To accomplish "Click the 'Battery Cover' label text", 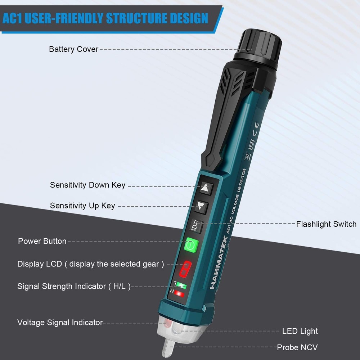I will [x=73, y=49].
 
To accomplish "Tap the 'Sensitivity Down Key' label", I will [x=87, y=185].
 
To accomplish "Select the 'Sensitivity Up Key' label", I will [x=82, y=206].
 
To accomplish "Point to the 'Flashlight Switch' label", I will [x=326, y=224].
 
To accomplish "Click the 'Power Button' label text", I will [x=42, y=241].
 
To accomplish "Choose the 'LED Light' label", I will [x=300, y=331].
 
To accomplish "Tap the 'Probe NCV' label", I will [x=297, y=347].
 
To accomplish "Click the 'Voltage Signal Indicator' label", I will [x=60, y=323].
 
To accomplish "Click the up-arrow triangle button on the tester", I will [x=205, y=188].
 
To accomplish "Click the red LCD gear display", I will [x=186, y=267].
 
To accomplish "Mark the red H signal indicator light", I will [x=179, y=295].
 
